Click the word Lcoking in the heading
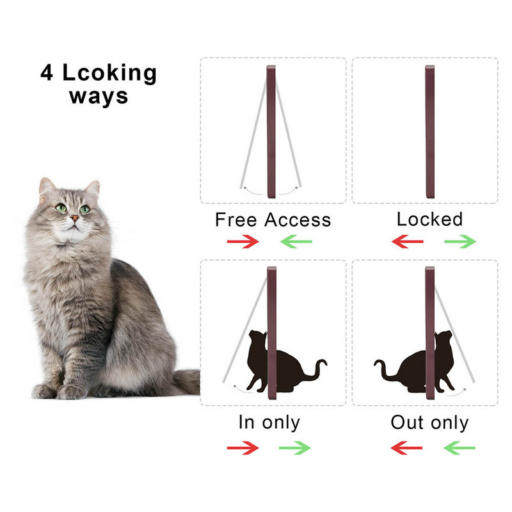[x=109, y=72]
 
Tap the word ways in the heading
[x=99, y=97]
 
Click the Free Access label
[x=273, y=220]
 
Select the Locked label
[x=429, y=219]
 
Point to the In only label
[x=269, y=422]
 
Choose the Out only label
[x=429, y=422]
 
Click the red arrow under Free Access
[x=243, y=242]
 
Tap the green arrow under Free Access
[x=296, y=242]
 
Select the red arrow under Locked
[x=407, y=242]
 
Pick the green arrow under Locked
[x=460, y=242]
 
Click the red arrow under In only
[x=243, y=447]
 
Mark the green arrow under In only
[x=295, y=447]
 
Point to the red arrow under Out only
[x=406, y=447]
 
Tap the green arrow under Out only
[x=459, y=447]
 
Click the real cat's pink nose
[x=74, y=218]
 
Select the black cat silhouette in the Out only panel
[x=415, y=362]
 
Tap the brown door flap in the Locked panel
[x=430, y=132]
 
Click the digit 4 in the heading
[x=47, y=72]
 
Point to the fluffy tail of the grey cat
[x=187, y=381]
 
